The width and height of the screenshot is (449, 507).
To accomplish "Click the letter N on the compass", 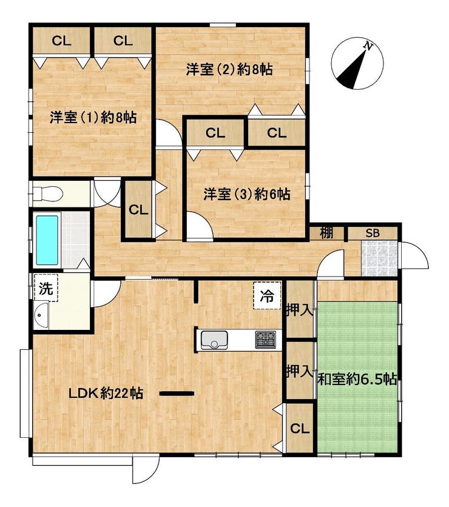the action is (368, 46).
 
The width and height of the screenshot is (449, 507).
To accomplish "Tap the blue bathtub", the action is (47, 240).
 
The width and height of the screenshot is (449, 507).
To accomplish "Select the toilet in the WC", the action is (47, 194).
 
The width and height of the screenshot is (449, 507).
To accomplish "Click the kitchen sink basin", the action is (214, 340).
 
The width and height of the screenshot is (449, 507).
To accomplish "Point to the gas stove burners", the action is (266, 340).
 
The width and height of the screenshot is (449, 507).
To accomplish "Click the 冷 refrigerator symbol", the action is (267, 295).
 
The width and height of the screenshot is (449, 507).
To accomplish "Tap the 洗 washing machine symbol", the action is (46, 288).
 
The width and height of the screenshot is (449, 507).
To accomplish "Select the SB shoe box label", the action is (373, 233).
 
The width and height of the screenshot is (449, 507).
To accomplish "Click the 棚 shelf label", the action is (326, 233).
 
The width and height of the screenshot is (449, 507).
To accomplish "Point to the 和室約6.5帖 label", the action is (357, 379).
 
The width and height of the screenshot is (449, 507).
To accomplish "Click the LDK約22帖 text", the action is (106, 394).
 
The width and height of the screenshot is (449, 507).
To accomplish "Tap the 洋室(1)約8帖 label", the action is (93, 118).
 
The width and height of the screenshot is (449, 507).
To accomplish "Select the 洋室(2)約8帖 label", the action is (229, 70).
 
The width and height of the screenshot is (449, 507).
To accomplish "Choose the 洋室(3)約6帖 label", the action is (247, 194).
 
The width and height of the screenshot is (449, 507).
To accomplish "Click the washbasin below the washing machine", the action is (41, 315).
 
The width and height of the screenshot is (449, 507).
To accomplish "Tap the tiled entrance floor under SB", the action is (379, 258).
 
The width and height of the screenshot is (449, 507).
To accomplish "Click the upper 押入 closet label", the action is (300, 311).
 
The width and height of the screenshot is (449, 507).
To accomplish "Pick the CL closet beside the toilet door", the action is (138, 210).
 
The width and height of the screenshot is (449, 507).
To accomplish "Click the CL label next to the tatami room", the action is (300, 429).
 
